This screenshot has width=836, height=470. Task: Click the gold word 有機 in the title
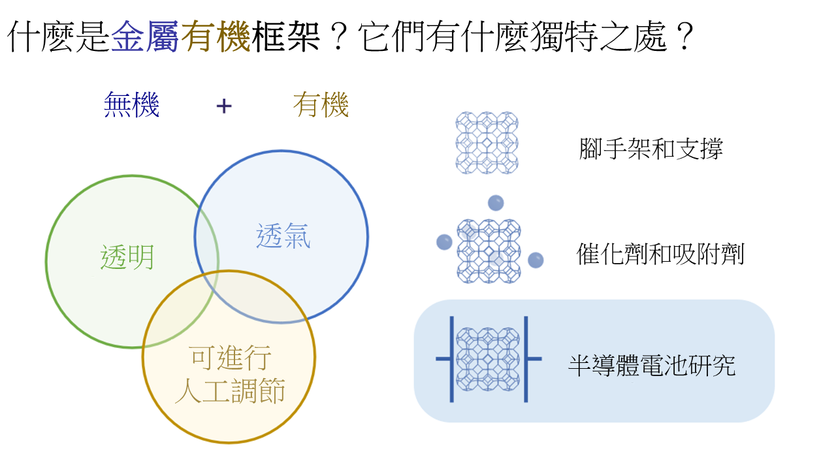point(216,36)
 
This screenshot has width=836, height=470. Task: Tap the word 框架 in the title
point(285,36)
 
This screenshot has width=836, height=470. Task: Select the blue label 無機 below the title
point(132,105)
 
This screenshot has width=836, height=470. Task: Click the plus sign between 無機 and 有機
point(224,106)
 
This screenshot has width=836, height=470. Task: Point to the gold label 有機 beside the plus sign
point(321,105)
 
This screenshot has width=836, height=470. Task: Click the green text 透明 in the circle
point(127,257)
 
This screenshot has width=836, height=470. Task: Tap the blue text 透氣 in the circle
point(283,236)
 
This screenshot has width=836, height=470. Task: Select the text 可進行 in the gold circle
point(231,358)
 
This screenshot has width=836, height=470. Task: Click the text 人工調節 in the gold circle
point(231,391)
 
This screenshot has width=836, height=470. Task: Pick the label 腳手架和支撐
point(651,148)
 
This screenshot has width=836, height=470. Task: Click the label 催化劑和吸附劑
point(660,254)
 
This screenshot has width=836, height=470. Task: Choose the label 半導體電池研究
point(652,365)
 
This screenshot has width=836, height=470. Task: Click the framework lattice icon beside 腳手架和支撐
point(487,143)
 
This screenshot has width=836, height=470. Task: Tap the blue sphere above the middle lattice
point(496,203)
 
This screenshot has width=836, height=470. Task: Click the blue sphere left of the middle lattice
point(445,242)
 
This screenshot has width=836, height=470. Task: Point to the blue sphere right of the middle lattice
point(536,260)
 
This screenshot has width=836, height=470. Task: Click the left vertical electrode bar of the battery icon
point(452,359)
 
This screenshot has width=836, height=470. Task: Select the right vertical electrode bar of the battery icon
point(526,359)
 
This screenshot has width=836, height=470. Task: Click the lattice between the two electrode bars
point(488,359)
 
